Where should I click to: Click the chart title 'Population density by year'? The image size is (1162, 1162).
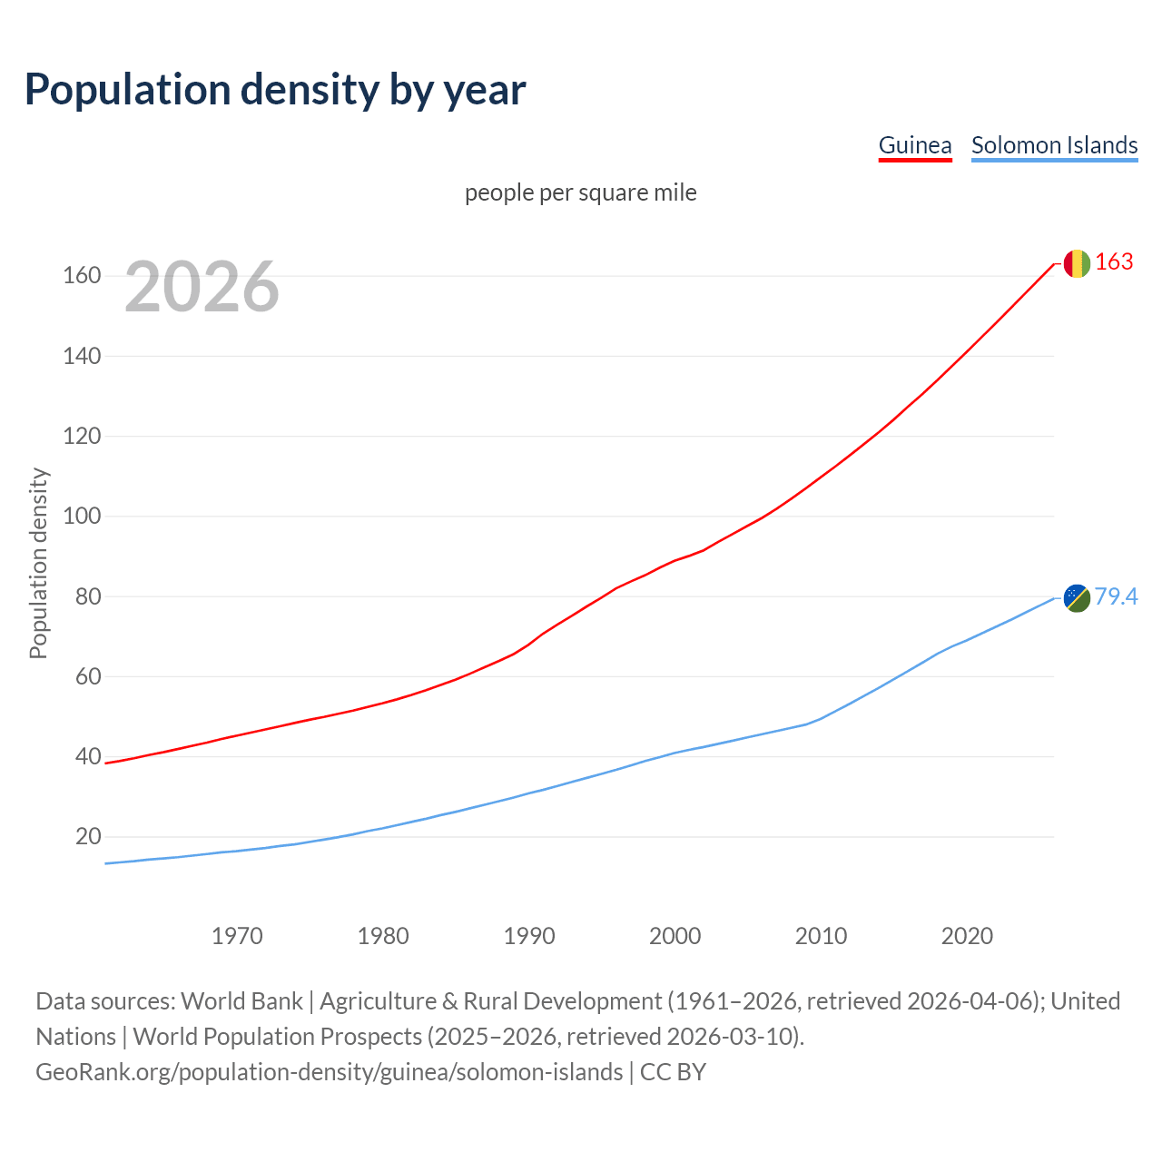click(x=275, y=90)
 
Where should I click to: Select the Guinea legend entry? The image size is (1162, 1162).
click(x=915, y=145)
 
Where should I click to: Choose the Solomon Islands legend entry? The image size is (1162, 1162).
click(x=1054, y=145)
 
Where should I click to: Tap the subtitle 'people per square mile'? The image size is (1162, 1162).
click(x=581, y=193)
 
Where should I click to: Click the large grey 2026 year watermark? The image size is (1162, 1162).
click(x=202, y=287)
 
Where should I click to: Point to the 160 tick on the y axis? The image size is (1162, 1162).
click(x=82, y=275)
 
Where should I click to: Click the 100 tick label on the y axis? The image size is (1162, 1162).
click(x=82, y=516)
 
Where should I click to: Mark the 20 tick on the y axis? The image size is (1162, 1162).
click(x=88, y=836)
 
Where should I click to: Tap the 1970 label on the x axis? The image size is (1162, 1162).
click(x=237, y=936)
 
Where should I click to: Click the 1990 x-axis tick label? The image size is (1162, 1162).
click(x=529, y=936)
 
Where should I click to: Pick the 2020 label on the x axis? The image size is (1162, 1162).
click(x=967, y=936)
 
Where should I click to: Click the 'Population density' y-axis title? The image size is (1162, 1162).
click(x=38, y=563)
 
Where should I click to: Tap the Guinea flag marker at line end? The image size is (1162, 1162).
click(x=1077, y=263)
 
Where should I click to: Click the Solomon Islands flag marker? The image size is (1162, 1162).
click(x=1077, y=597)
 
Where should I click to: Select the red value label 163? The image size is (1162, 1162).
click(x=1114, y=262)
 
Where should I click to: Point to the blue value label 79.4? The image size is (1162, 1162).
click(x=1116, y=596)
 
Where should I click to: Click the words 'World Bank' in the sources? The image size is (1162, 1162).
click(x=241, y=1001)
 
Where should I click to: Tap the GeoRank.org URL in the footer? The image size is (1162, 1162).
click(x=330, y=1072)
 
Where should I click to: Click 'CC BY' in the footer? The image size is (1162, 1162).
click(x=673, y=1072)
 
